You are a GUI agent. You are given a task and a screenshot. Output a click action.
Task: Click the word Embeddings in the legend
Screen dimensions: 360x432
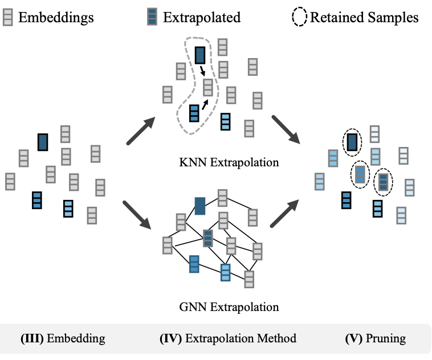coord(56,18)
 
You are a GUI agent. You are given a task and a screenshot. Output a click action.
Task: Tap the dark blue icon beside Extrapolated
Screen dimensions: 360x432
coord(152,18)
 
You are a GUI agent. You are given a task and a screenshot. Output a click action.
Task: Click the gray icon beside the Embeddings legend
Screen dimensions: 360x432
coord(7,18)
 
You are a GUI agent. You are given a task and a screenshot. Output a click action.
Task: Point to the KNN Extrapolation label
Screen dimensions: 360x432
coord(228,162)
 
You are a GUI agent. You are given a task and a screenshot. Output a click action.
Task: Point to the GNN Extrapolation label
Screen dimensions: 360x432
coord(228,308)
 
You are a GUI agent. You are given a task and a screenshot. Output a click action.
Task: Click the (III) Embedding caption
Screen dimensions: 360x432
coord(63,339)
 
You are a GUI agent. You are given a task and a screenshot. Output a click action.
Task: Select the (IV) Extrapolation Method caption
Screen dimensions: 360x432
coord(228,339)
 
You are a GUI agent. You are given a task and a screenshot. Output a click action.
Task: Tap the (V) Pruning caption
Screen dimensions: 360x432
coord(376,339)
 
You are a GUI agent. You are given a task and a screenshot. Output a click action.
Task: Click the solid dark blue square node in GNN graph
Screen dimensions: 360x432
coord(199,206)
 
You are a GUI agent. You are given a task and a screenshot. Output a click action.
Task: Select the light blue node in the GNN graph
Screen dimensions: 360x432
coord(226,273)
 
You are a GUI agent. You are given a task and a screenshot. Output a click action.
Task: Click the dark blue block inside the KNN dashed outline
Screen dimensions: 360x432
coord(199,55)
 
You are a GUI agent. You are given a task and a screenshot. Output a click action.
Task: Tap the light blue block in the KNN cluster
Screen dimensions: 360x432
coord(226,121)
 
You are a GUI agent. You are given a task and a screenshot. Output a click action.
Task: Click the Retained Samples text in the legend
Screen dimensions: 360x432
coord(364,18)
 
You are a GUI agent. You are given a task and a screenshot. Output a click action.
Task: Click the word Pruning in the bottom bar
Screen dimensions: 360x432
coord(386,339)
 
